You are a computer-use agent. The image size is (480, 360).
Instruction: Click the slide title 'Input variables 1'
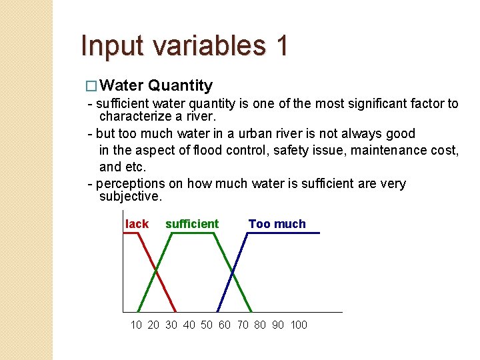(x=185, y=46)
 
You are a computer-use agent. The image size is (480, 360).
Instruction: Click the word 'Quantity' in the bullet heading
(x=181, y=85)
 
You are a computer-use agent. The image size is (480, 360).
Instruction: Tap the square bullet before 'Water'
(x=92, y=86)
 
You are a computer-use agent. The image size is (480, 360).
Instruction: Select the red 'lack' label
(x=137, y=224)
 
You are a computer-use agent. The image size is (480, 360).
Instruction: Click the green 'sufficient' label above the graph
(x=191, y=224)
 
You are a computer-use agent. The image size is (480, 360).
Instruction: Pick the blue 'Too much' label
(x=277, y=224)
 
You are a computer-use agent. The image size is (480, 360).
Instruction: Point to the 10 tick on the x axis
(x=136, y=325)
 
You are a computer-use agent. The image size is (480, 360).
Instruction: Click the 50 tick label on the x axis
(x=207, y=325)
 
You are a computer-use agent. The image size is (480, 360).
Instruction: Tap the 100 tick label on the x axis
(x=299, y=325)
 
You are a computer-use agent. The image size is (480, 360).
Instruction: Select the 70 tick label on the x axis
(x=242, y=325)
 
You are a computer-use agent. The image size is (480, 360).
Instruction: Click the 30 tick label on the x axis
(x=171, y=325)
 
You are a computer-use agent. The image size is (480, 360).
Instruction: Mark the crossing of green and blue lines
(x=233, y=273)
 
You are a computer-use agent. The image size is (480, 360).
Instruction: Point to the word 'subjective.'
(x=130, y=197)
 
